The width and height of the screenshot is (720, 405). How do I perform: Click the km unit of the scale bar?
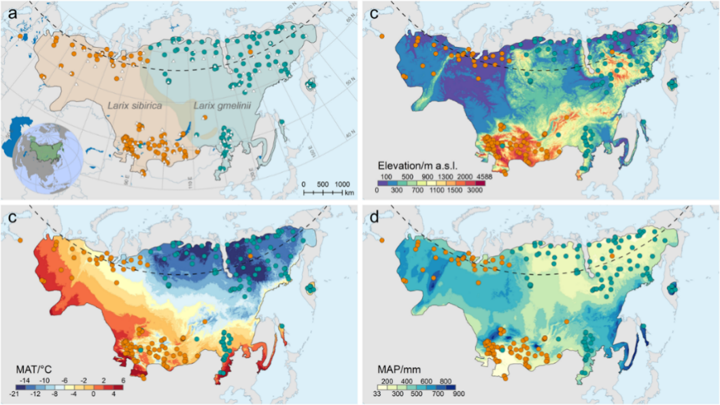pyautogui.click(x=349, y=193)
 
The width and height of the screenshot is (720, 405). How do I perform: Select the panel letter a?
pyautogui.click(x=12, y=12)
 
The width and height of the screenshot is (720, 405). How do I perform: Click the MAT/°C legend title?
pyautogui.click(x=35, y=369)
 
